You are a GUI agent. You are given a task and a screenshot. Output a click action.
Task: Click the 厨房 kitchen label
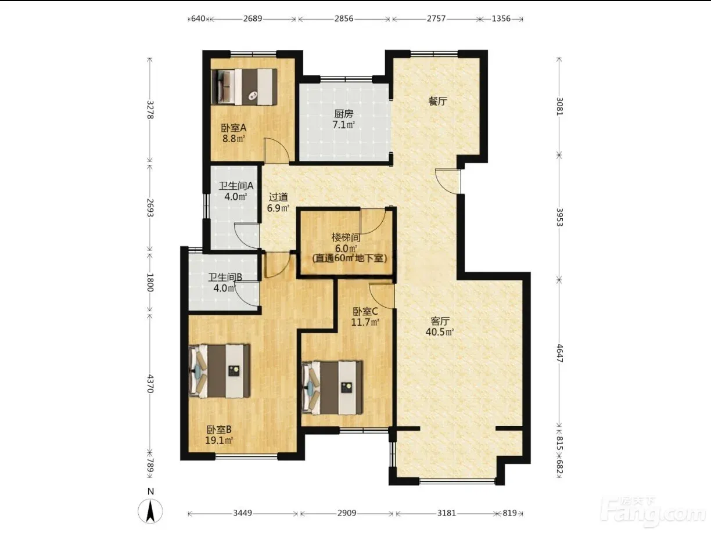[344, 114]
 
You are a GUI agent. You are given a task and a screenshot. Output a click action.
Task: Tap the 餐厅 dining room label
[437, 101]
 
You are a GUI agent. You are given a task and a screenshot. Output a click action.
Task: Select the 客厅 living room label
[440, 321]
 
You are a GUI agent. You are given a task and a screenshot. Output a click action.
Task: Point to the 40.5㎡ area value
[440, 332]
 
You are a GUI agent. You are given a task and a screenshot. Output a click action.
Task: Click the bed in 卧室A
[244, 87]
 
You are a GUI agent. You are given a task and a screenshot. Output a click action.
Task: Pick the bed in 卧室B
[220, 371]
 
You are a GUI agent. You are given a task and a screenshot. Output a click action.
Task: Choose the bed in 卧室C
[332, 388]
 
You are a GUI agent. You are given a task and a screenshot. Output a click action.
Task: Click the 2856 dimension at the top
[344, 19]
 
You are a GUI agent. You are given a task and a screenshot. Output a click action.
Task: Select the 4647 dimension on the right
[559, 354]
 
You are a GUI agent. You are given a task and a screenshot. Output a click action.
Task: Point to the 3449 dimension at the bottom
[243, 513]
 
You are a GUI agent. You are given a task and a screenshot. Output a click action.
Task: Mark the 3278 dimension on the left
[150, 110]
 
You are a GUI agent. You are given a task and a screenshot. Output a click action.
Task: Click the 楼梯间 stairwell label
[346, 238]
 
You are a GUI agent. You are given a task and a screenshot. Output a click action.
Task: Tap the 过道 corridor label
[278, 197]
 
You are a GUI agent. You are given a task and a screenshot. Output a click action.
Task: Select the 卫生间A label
[236, 186]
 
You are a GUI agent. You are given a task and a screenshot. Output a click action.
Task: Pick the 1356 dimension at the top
[501, 19]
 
